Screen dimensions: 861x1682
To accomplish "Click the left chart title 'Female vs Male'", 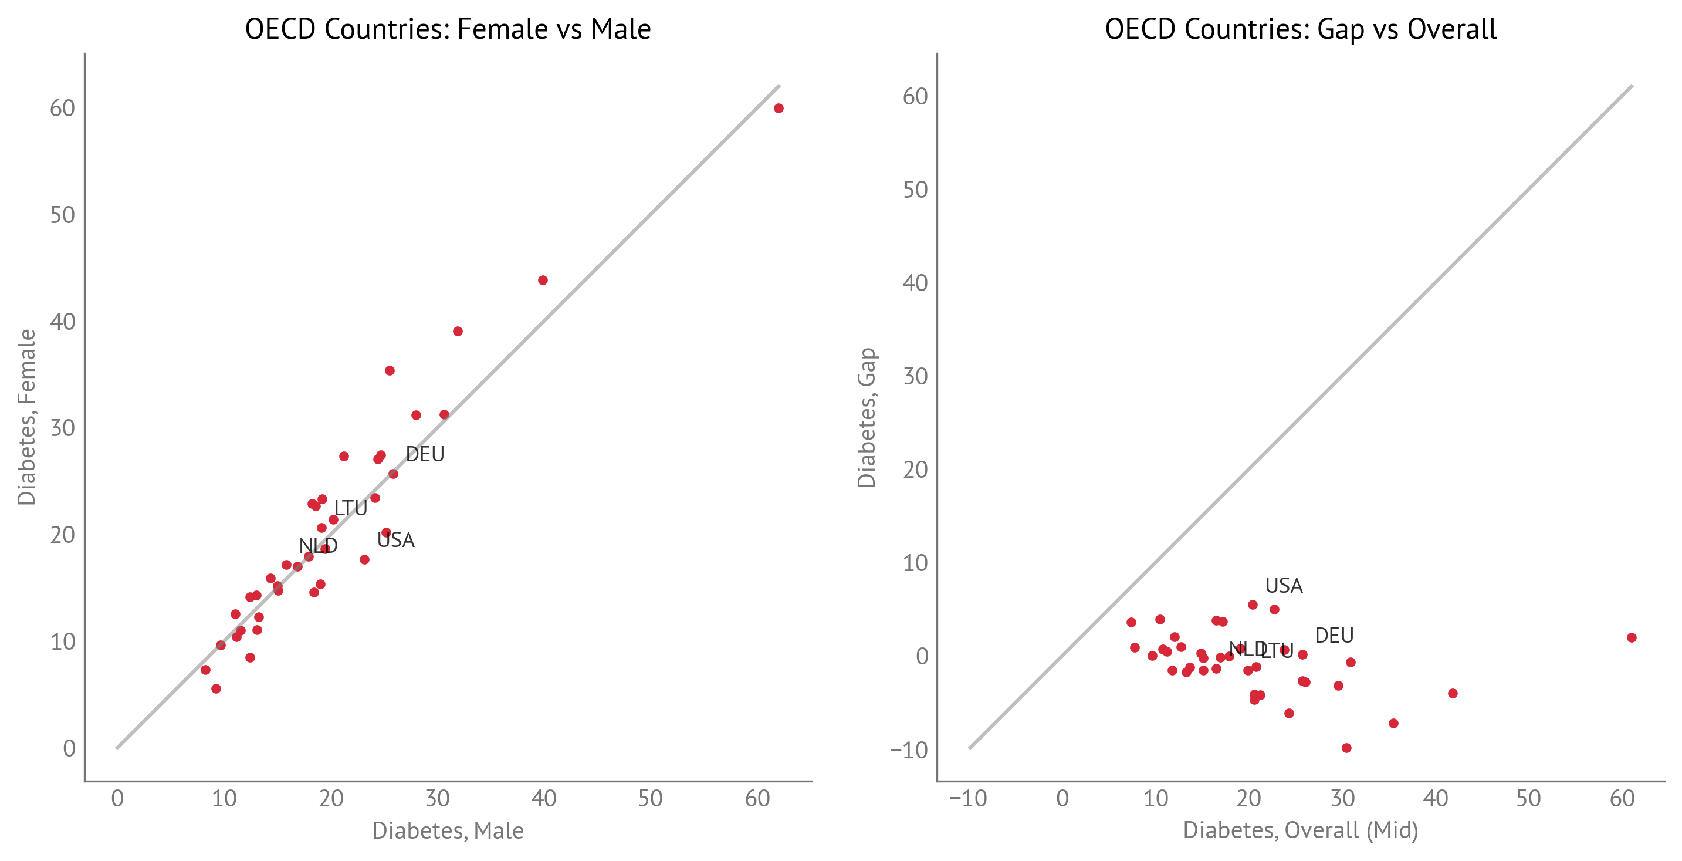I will [x=448, y=29].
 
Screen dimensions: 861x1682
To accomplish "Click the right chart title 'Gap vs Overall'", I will [x=1301, y=29].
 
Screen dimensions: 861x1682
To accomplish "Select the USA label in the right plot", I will [x=1284, y=585].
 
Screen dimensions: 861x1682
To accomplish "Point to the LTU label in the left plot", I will [x=351, y=508].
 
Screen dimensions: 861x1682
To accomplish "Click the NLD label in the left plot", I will [x=318, y=545].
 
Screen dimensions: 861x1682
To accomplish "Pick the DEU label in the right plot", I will [x=1334, y=635].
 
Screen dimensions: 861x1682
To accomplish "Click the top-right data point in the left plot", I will [x=779, y=109].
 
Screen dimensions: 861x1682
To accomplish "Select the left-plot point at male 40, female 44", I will [x=543, y=280].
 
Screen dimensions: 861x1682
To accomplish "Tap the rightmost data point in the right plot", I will [x=1632, y=637].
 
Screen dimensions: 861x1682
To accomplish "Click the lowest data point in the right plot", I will [x=1346, y=748].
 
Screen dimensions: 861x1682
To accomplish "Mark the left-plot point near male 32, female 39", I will [x=458, y=331].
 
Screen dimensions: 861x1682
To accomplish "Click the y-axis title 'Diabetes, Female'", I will [x=26, y=417].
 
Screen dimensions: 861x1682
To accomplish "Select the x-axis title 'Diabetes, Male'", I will [x=448, y=830].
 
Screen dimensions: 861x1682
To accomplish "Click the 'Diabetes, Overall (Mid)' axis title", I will [x=1301, y=830].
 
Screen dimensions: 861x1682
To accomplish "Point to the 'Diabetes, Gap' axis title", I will [x=867, y=417].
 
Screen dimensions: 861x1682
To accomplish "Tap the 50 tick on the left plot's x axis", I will [x=651, y=798].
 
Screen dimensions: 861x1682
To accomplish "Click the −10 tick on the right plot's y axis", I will [x=908, y=749].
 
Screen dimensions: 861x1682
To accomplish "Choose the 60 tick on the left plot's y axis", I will [x=63, y=109].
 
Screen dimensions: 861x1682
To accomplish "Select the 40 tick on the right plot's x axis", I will [x=1435, y=798].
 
